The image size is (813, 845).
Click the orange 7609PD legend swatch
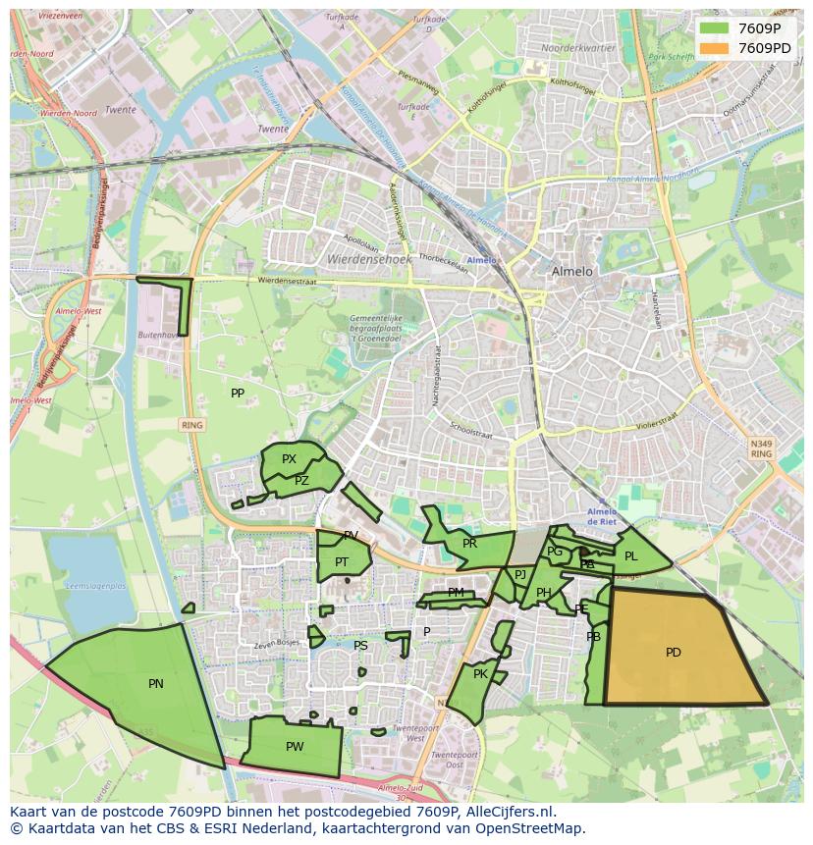coord(715,48)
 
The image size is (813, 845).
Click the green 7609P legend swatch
coord(715,28)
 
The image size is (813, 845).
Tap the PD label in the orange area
coord(673,653)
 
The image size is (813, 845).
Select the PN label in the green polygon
coord(155,684)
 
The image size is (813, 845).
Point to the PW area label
coord(295,747)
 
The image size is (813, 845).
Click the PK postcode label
coord(480,674)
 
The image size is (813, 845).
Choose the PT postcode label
coord(342,562)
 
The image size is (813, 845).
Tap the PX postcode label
coord(289,459)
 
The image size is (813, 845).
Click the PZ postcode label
coord(301,481)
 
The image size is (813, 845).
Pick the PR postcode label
coord(469,544)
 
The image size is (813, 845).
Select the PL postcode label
coord(630,556)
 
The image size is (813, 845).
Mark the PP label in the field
coord(238,394)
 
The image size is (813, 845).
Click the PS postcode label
coord(360,646)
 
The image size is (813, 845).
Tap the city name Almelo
coord(572,271)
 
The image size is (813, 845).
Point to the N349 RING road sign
coord(761,449)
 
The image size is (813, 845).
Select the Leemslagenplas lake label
coord(94,586)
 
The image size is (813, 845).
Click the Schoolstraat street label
coord(470,432)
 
